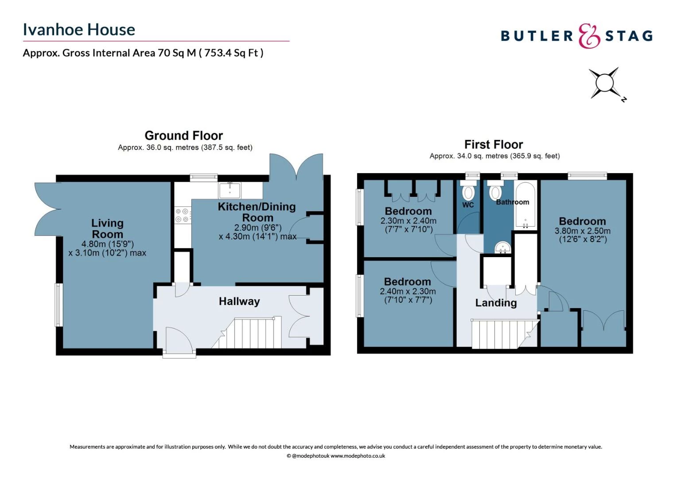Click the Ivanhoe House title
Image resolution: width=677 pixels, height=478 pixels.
(x=79, y=30)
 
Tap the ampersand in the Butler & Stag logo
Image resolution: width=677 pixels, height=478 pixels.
(x=589, y=36)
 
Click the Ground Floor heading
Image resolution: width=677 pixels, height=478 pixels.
(x=184, y=135)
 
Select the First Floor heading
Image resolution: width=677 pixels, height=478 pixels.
(x=494, y=145)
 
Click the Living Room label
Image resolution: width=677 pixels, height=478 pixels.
(x=107, y=228)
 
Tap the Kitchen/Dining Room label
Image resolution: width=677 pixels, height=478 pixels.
(x=257, y=212)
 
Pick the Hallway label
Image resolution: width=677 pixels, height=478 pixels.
(x=239, y=301)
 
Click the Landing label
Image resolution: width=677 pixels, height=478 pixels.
(x=496, y=303)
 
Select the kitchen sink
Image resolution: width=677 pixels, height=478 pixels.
(x=230, y=190)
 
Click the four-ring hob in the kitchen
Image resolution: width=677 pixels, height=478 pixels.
(x=183, y=215)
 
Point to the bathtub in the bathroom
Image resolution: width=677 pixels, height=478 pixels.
(x=525, y=205)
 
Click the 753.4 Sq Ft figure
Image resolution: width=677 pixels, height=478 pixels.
(x=231, y=53)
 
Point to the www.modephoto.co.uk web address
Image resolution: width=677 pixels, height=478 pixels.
(x=358, y=456)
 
